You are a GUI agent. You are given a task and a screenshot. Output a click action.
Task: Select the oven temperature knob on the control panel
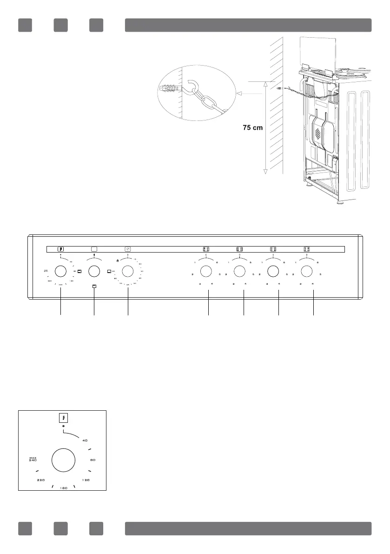(x=60, y=271)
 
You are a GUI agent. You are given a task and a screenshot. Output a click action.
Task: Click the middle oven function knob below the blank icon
(x=94, y=271)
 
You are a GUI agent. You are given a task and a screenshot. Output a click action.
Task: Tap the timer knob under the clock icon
(x=128, y=271)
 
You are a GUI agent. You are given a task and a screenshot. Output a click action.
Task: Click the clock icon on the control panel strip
(x=128, y=249)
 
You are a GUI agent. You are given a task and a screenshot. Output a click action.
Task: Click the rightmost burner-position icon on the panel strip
(x=307, y=249)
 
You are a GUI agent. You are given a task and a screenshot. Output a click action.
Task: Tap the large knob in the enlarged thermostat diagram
(x=64, y=461)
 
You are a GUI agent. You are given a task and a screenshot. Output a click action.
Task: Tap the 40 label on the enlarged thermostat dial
(x=85, y=440)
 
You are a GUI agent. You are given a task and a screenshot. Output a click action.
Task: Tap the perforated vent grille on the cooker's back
(x=318, y=134)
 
